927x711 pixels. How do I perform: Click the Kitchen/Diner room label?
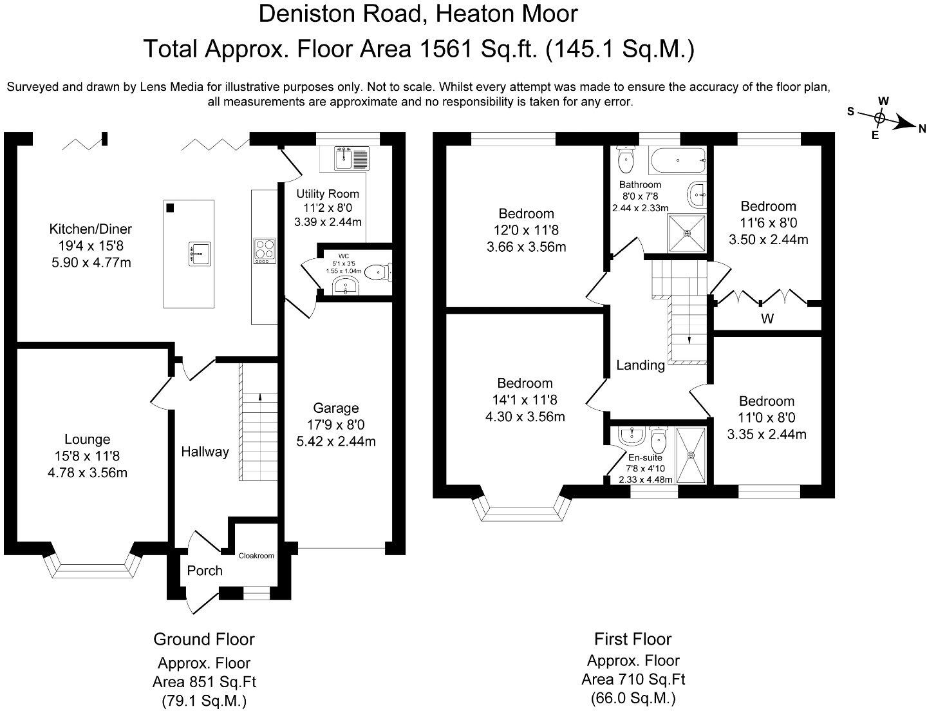click(x=90, y=229)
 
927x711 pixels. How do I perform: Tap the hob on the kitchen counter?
click(x=265, y=251)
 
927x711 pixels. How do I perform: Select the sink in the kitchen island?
click(x=200, y=254)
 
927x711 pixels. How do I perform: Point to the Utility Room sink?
click(x=344, y=158)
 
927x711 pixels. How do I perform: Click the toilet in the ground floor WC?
click(x=378, y=272)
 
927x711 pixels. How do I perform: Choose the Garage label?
click(x=336, y=408)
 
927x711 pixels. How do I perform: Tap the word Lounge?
click(x=87, y=439)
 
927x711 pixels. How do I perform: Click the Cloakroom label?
click(x=256, y=556)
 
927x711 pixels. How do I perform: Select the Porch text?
click(x=205, y=571)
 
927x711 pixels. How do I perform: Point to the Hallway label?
click(x=205, y=451)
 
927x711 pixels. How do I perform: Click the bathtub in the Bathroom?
click(x=677, y=160)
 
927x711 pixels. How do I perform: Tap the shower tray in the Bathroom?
click(x=687, y=233)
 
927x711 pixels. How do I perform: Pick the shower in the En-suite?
click(x=691, y=455)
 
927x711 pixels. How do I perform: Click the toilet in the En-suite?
click(x=658, y=441)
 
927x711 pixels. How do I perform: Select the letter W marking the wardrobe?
click(x=767, y=318)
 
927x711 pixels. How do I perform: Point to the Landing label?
click(x=641, y=365)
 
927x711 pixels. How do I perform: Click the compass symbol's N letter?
click(x=922, y=128)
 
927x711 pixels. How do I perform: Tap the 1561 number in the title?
click(x=446, y=49)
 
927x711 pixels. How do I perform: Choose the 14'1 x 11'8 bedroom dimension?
click(x=525, y=400)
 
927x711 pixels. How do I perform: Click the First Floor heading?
click(x=633, y=639)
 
